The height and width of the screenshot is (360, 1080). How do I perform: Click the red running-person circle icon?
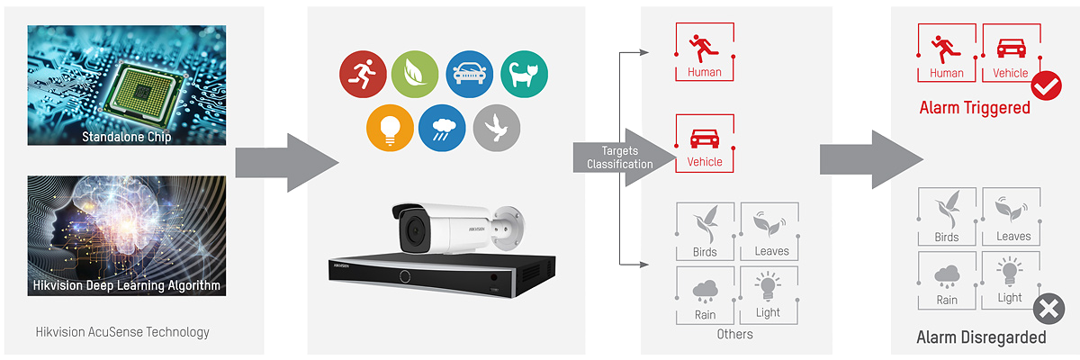[363, 74]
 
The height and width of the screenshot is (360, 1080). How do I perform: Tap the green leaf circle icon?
[415, 74]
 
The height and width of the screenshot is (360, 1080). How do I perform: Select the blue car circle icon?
[469, 74]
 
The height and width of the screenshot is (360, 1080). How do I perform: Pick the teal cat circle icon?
[524, 74]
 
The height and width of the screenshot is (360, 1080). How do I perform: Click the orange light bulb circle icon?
[390, 128]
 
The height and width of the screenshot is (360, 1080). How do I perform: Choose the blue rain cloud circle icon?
[442, 128]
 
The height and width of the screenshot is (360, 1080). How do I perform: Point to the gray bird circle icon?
[497, 128]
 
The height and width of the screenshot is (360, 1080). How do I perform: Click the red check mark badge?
[1046, 85]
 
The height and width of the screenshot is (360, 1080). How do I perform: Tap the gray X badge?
[1048, 309]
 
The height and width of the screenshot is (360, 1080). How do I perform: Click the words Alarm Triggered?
[975, 108]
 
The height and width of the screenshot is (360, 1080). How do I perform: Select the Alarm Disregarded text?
[981, 337]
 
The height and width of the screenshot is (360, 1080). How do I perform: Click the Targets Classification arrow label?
[619, 157]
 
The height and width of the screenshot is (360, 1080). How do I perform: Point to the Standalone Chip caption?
[126, 137]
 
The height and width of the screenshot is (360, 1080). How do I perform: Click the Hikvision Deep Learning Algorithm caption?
[126, 285]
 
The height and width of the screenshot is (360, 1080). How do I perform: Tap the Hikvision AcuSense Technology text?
[122, 332]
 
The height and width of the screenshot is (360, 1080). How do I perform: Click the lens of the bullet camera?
[414, 232]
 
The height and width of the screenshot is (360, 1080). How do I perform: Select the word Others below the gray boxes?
[734, 334]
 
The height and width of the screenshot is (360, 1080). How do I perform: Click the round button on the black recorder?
[404, 276]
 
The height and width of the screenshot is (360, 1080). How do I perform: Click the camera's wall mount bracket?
[508, 228]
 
